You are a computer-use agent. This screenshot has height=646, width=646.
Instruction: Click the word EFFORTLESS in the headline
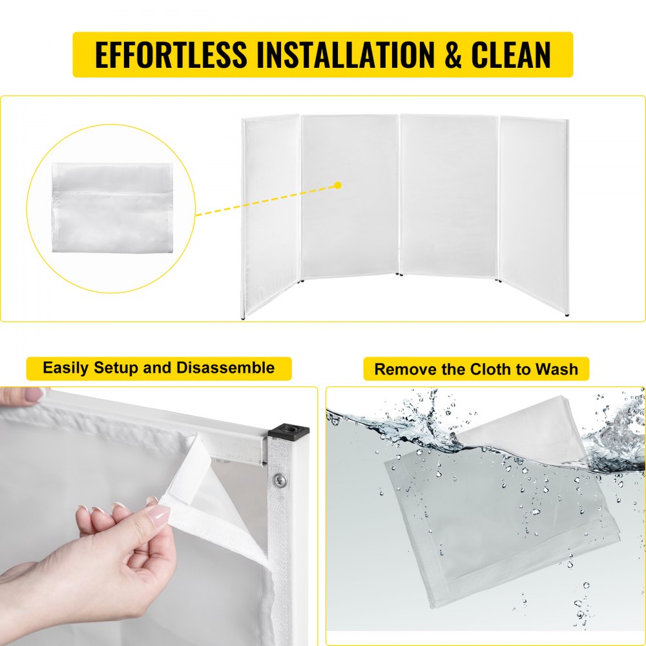pyautogui.click(x=171, y=54)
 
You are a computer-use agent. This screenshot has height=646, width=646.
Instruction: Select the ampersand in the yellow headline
pyautogui.click(x=453, y=54)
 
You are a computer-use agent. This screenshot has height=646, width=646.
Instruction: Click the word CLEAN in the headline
pyautogui.click(x=511, y=54)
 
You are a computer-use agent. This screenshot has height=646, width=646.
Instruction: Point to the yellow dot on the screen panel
pyautogui.click(x=339, y=185)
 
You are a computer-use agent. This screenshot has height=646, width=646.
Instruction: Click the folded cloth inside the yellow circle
pyautogui.click(x=112, y=207)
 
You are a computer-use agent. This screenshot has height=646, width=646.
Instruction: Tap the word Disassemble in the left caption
pyautogui.click(x=225, y=368)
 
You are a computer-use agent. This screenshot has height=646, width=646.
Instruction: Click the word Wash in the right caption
pyautogui.click(x=557, y=369)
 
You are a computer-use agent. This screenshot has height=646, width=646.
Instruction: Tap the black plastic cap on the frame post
pyautogui.click(x=288, y=432)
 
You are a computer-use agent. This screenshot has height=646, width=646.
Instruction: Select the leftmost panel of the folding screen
pyautogui.click(x=270, y=216)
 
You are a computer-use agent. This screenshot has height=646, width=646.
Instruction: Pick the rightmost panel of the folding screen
pyautogui.click(x=534, y=214)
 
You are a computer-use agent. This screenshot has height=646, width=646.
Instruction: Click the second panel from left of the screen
pyautogui.click(x=349, y=196)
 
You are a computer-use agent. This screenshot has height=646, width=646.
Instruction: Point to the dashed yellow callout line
pyautogui.click(x=267, y=200)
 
